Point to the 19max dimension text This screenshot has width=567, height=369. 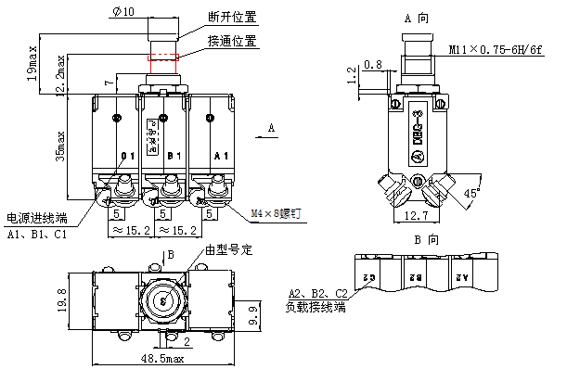32,62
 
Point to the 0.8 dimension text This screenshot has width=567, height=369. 373,64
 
